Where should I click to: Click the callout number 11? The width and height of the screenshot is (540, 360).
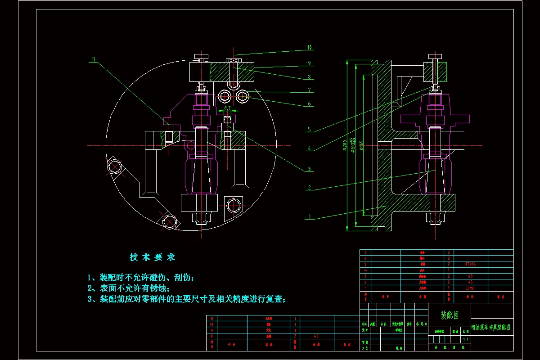(94, 59)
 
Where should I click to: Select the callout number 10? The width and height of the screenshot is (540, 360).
(310, 47)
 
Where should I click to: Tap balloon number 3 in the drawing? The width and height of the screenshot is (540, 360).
(309, 169)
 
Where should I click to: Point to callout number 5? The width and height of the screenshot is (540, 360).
(309, 129)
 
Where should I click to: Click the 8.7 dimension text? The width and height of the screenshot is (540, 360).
(227, 108)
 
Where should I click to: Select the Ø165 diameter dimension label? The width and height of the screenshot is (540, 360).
(361, 146)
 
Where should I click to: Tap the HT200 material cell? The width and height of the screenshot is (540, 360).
(470, 264)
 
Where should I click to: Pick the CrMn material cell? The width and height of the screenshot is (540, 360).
(470, 288)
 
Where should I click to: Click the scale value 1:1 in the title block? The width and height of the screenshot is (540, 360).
(465, 340)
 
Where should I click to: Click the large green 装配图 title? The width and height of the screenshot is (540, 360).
(449, 315)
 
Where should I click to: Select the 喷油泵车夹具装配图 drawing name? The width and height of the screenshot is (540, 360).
(491, 328)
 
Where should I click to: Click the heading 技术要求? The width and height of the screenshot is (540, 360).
(152, 257)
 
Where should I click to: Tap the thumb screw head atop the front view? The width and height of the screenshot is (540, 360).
(202, 56)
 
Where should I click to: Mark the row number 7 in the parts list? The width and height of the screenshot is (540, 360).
(365, 252)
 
